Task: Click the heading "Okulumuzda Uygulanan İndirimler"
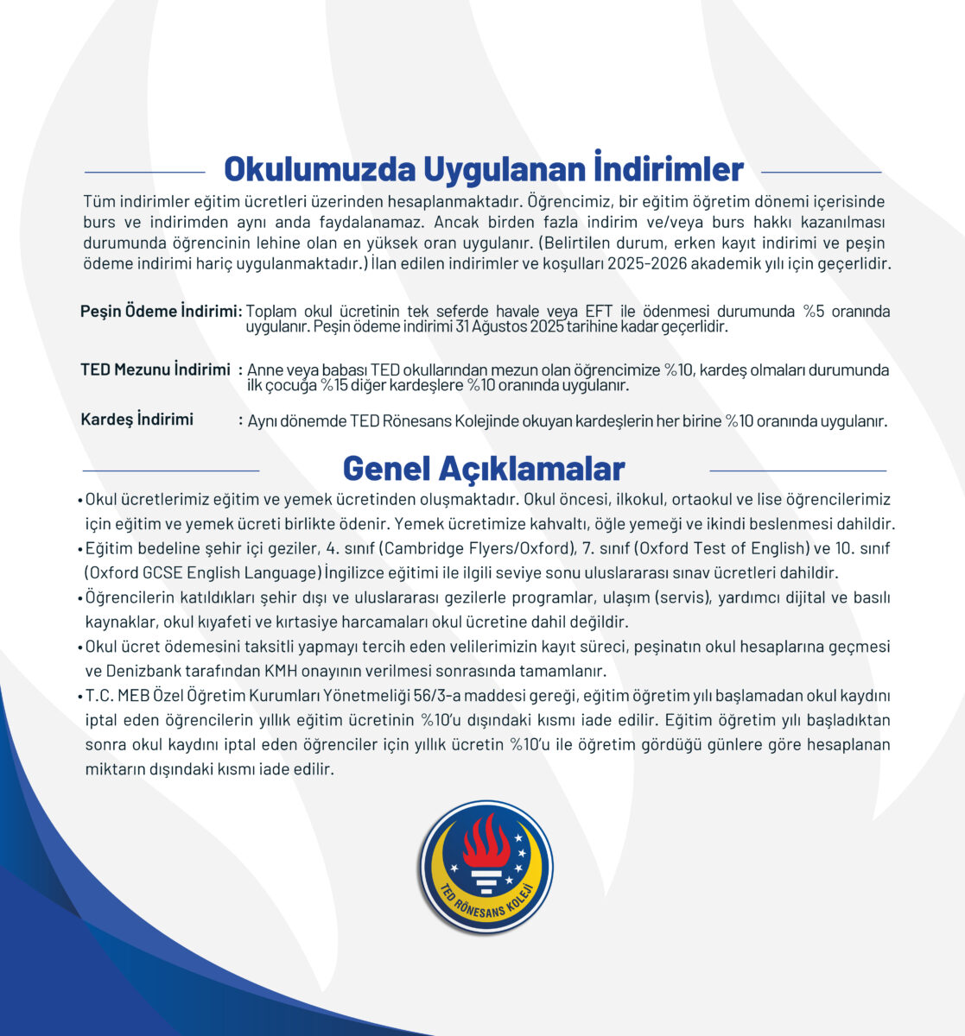coord(483,169)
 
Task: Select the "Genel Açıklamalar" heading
coord(483,468)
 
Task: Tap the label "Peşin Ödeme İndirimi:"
coord(161,311)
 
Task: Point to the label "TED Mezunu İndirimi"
coord(156,370)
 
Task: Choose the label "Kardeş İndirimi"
coord(136,420)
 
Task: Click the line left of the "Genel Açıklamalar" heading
coord(171,471)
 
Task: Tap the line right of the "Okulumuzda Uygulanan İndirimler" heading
coord(822,172)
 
